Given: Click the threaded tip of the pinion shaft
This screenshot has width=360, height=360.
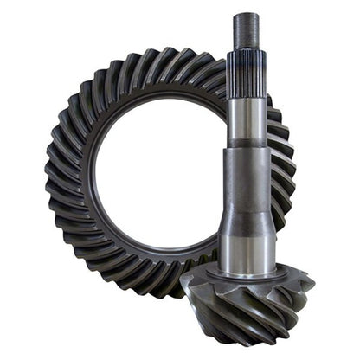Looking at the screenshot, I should coord(247,30).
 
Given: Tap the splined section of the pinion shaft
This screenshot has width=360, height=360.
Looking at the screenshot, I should coord(247,69).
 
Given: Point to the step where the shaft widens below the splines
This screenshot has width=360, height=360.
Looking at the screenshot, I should coord(247,145).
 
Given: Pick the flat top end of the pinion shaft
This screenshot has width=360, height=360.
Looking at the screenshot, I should coord(247,15).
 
